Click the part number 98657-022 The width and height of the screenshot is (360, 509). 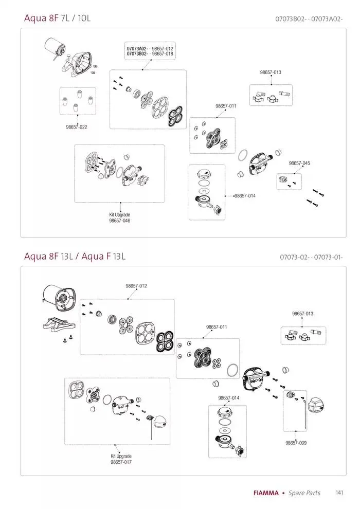pos(76,127)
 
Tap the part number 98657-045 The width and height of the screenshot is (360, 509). pos(299,163)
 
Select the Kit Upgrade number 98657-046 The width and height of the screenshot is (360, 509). pos(119,221)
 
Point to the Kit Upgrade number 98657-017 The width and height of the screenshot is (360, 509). pos(121,462)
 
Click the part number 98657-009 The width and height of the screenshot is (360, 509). pos(296,443)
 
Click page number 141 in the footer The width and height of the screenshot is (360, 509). pos(339,493)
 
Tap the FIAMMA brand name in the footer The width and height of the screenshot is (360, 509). pos(266,493)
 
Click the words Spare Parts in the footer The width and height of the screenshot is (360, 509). pos(304,493)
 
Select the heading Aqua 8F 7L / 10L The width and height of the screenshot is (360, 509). pos(57,18)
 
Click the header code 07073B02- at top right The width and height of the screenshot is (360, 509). pos(292,19)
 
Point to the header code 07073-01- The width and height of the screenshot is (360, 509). pos(328,257)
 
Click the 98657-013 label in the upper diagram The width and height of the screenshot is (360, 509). pos(270,72)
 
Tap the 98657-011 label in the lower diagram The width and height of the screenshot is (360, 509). pos(217,327)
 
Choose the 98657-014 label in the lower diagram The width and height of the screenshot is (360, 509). pos(228,398)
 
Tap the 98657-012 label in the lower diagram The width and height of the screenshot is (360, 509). pos(136,286)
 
